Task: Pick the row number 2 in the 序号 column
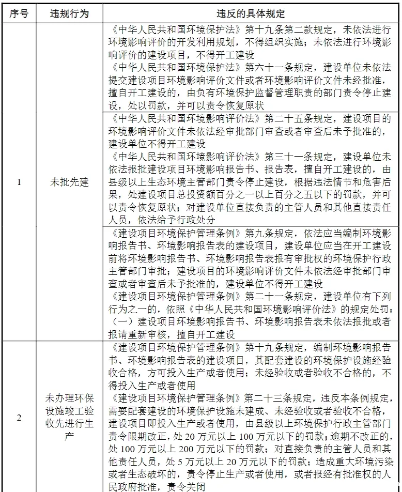[x=19, y=418]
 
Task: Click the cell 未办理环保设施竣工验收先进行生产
[x=69, y=418]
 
